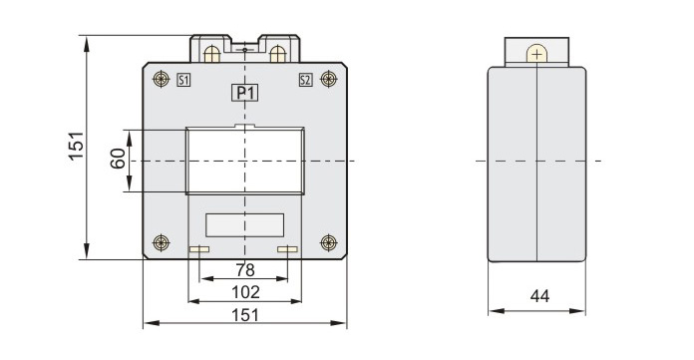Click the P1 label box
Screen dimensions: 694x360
[244, 93]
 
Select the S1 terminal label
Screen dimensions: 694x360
[183, 80]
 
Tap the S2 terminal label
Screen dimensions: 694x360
[305, 80]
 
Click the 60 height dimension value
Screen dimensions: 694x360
[118, 159]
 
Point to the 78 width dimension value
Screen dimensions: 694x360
[245, 269]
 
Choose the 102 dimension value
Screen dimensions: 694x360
[245, 292]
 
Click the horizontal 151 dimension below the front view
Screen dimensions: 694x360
[245, 315]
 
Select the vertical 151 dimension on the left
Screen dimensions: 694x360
[76, 146]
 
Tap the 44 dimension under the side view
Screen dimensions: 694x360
[539, 296]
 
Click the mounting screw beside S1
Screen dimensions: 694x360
[162, 79]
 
